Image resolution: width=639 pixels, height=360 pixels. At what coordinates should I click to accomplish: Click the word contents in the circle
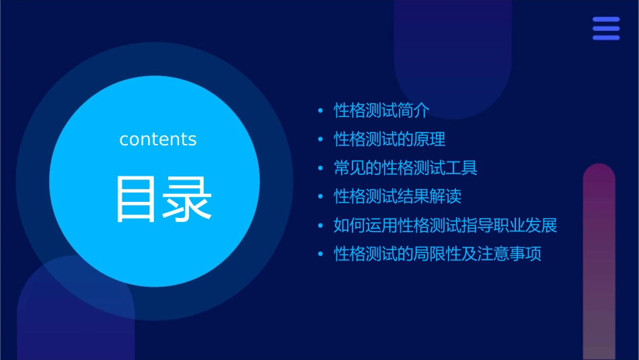click(x=158, y=139)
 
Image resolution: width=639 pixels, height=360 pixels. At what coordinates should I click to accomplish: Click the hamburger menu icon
click(x=606, y=29)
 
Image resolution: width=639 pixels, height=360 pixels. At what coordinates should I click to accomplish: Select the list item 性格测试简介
click(x=381, y=110)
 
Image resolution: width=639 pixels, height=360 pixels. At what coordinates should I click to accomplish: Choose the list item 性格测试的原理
click(x=389, y=139)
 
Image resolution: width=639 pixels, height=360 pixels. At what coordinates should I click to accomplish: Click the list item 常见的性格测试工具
click(x=406, y=168)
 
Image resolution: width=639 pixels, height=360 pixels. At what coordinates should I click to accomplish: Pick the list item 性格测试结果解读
click(x=398, y=196)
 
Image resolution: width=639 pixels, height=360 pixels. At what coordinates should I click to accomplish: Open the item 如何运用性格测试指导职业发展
click(x=445, y=225)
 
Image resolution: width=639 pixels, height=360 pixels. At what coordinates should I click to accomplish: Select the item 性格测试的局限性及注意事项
click(x=437, y=254)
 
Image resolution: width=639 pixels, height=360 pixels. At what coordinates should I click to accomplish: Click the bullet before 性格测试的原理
click(x=321, y=140)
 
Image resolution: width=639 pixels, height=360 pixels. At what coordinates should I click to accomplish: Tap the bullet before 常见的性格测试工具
click(x=321, y=168)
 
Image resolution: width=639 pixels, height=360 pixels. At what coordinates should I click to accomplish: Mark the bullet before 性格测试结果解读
click(x=321, y=197)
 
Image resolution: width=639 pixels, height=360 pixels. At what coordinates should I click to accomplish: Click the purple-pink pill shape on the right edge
click(x=599, y=262)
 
